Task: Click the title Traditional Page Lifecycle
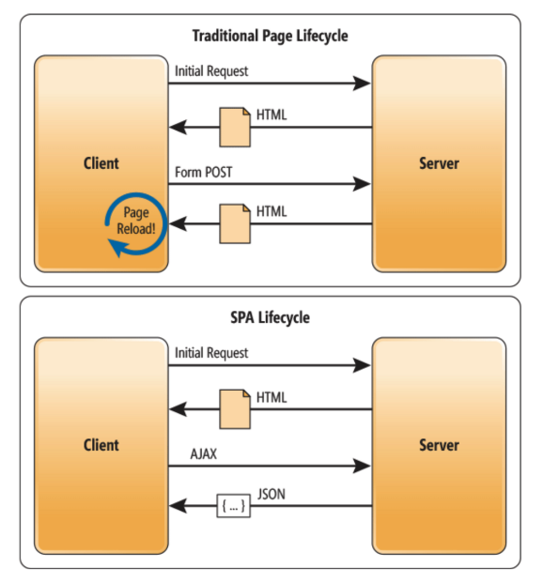tap(271, 37)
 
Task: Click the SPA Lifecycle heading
tap(271, 318)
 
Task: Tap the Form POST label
tap(204, 172)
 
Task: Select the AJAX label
tap(204, 454)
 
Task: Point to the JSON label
tap(271, 494)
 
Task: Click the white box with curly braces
tap(233, 506)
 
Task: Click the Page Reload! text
tap(136, 221)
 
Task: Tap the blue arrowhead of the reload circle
tap(117, 247)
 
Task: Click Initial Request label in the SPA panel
tap(211, 353)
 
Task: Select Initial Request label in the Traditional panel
tap(211, 71)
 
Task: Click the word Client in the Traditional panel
tap(101, 163)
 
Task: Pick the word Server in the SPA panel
tap(439, 445)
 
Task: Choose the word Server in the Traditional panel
tap(439, 163)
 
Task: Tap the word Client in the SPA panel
tap(101, 445)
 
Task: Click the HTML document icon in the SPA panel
tap(235, 409)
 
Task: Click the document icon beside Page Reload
tap(235, 223)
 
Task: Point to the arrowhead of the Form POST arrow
tap(362, 184)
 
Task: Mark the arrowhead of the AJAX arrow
tap(362, 466)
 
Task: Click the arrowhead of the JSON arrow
tap(178, 506)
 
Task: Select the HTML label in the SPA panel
tap(271, 397)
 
